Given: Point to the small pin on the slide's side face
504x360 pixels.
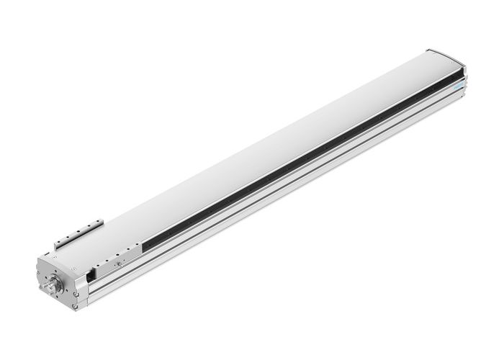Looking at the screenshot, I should pos(119,264).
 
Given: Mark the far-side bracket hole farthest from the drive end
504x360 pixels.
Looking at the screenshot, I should pos(99,222).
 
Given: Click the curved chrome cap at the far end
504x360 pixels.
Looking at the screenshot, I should pos(446,56).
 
